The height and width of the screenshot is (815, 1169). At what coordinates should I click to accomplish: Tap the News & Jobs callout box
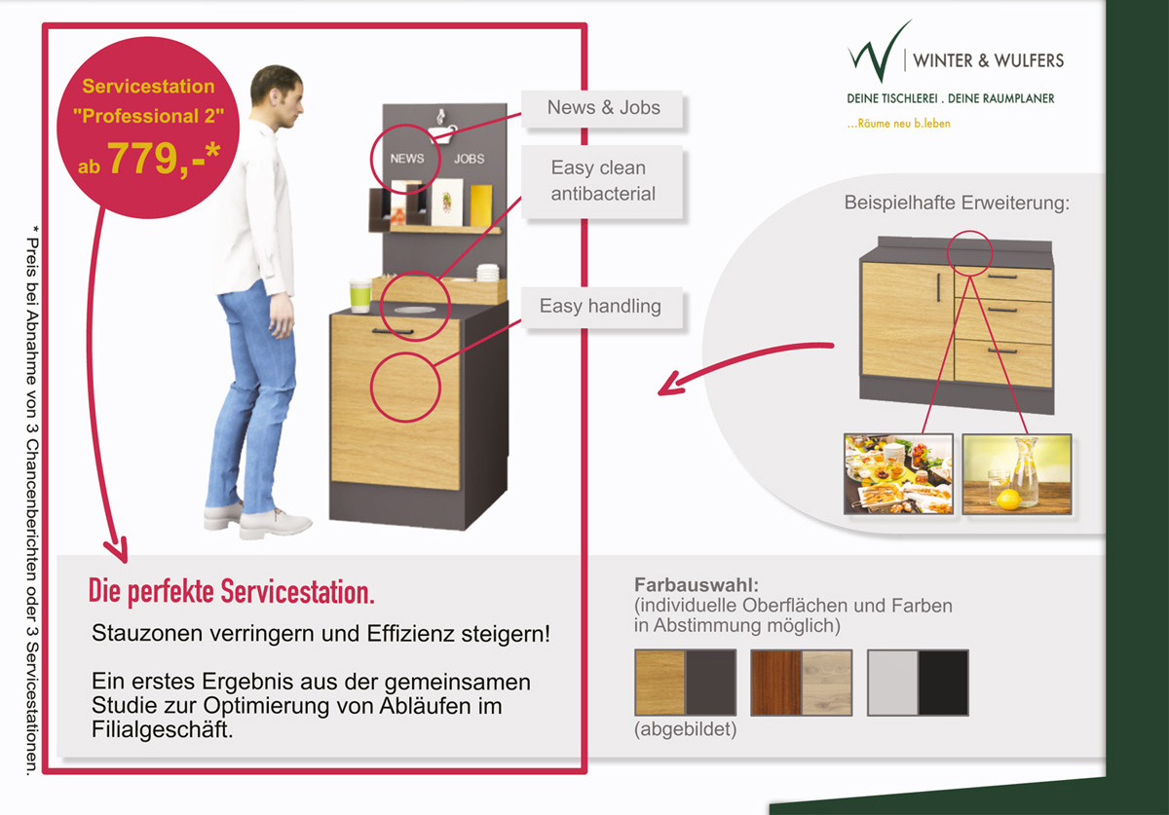pos(603,108)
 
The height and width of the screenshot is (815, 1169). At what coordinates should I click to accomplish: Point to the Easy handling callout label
pos(600,306)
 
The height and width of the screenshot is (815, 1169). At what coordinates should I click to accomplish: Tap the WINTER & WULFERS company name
pos(988,60)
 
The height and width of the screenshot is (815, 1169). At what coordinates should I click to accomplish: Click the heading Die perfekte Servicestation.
pos(232,592)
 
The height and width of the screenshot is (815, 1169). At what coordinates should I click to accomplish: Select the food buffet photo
pos(898,474)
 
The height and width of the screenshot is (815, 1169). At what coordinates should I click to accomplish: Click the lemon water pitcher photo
pos(1017,474)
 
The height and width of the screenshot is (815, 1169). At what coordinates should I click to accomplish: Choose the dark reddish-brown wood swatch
pos(776,683)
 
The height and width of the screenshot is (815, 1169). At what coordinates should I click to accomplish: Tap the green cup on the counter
pos(360,296)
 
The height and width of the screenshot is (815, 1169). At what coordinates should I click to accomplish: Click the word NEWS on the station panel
pos(407,158)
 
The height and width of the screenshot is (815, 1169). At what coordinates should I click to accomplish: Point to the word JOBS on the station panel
pos(469,158)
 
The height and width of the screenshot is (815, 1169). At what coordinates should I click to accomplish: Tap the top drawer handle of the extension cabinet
pos(1001,277)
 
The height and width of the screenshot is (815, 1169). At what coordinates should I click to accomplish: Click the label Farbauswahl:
pos(696,586)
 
